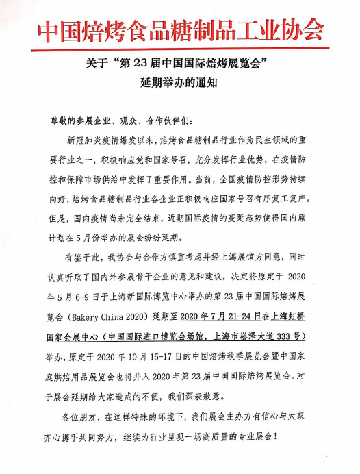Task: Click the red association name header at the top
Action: [179, 28]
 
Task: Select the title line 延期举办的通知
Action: [179, 87]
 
